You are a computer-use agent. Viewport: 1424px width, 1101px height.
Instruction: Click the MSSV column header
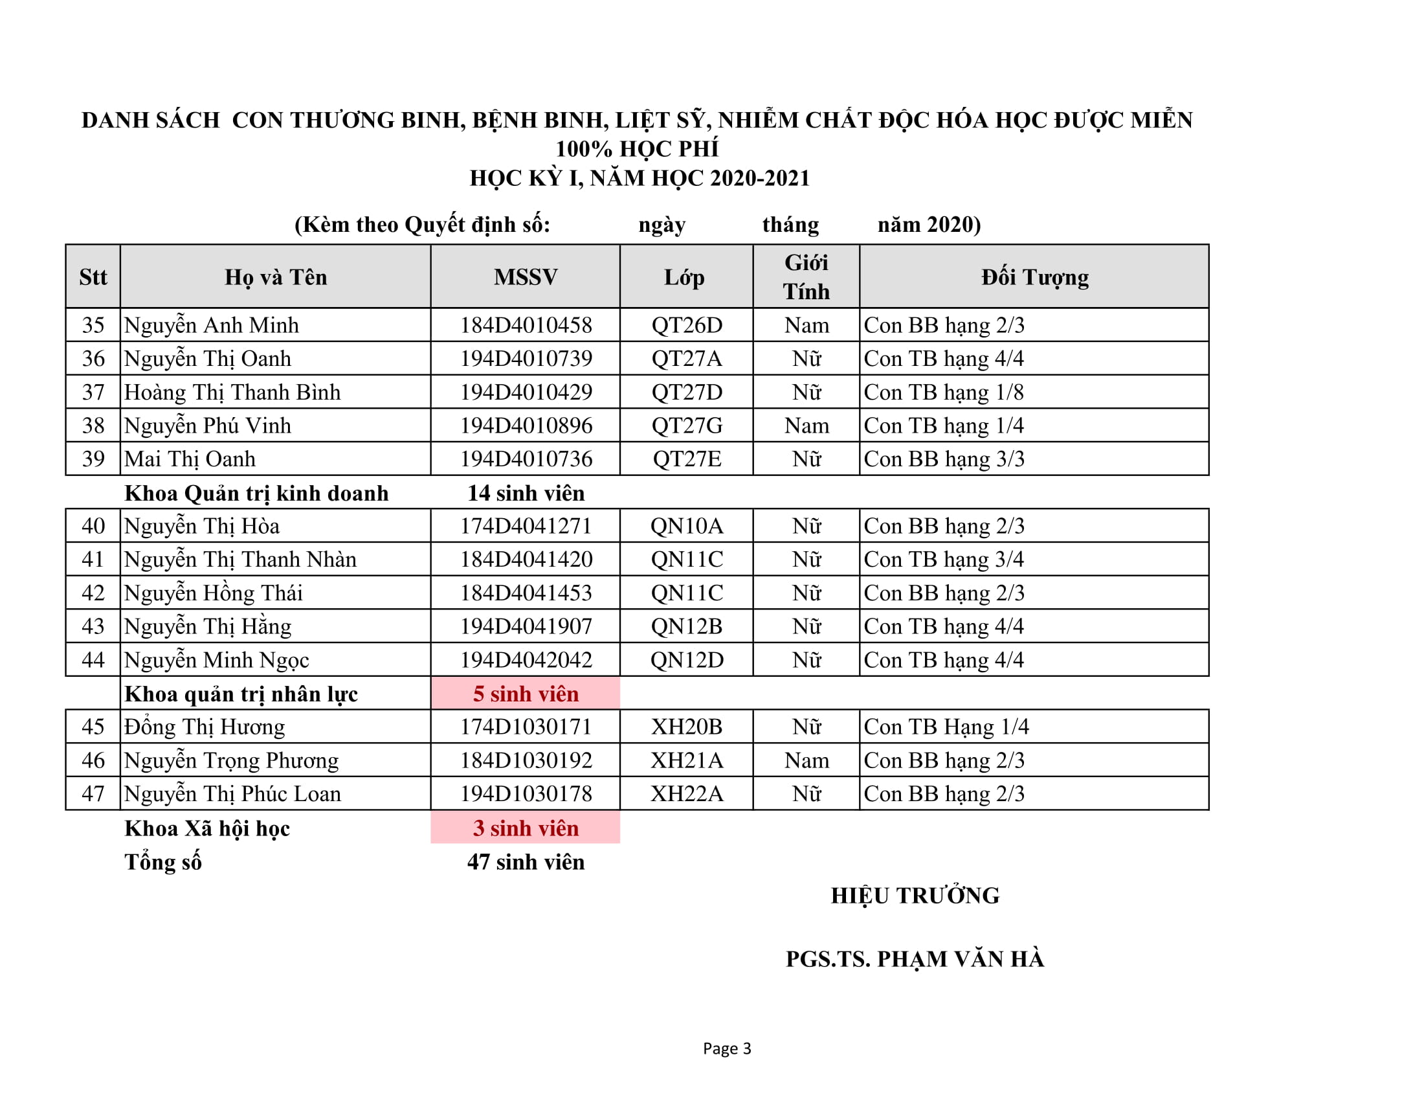click(526, 277)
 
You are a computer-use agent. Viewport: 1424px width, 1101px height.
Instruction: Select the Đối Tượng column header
click(1035, 277)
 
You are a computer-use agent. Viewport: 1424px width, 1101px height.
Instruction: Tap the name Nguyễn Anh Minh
click(211, 325)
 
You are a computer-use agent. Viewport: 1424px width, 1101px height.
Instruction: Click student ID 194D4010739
click(526, 358)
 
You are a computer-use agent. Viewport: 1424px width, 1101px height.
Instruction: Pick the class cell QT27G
click(687, 426)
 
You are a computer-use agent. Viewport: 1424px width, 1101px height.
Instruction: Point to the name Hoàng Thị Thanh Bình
click(232, 392)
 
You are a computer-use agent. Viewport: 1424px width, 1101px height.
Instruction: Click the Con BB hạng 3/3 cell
click(944, 459)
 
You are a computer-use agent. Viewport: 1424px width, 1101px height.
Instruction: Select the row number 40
click(93, 526)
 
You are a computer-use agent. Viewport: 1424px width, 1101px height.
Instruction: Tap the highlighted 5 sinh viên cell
click(526, 694)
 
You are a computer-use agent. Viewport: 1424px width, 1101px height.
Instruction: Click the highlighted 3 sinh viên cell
click(526, 828)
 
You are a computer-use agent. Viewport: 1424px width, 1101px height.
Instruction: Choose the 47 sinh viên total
click(526, 861)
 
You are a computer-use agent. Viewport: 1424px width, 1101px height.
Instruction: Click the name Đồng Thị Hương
click(204, 727)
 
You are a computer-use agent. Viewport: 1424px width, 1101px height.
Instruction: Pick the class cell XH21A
click(687, 760)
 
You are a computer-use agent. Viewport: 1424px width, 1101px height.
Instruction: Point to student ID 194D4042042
click(526, 659)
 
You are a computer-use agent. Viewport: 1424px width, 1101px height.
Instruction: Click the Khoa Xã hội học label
click(206, 828)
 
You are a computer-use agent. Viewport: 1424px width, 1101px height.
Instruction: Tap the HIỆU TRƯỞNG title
click(915, 895)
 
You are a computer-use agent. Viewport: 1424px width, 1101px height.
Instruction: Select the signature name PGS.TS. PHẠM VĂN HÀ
click(915, 959)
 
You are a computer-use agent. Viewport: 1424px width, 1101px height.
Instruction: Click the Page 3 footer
click(726, 1048)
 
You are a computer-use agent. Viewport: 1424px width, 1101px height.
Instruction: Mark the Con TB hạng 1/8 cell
click(944, 392)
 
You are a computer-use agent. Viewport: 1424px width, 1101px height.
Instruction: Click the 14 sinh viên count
click(526, 492)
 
